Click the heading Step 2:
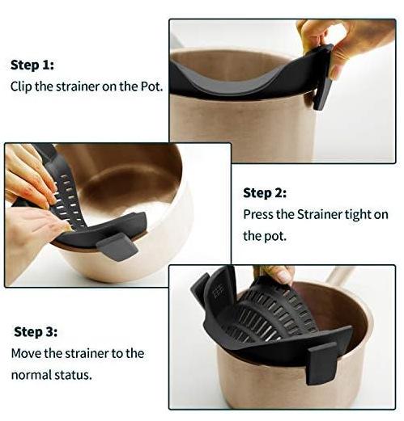pyautogui.click(x=265, y=193)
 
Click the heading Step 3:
pyautogui.click(x=36, y=331)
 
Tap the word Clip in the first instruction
pyautogui.click(x=23, y=86)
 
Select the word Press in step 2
pyautogui.click(x=259, y=215)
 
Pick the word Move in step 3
pyautogui.click(x=27, y=353)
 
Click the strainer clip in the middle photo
pyautogui.click(x=118, y=242)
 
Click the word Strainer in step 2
pyautogui.click(x=320, y=215)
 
